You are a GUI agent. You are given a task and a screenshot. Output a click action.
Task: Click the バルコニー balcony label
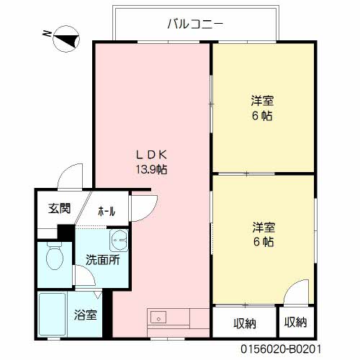[x=194, y=23]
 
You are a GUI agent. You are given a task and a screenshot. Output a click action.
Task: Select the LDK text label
[x=153, y=154]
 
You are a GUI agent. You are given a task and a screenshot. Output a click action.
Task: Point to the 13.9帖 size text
[x=153, y=170]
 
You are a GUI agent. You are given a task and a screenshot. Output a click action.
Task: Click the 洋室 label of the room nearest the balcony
[x=262, y=101]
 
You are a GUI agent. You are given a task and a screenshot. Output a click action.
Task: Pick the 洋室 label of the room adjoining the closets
[x=262, y=228]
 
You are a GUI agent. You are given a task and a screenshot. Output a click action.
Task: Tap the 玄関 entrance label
[x=59, y=210]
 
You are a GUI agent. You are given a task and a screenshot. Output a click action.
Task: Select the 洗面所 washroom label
[x=102, y=260]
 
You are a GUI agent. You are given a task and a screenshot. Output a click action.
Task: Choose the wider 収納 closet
[x=244, y=323]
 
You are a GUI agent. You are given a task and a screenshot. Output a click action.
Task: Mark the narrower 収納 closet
[x=296, y=323]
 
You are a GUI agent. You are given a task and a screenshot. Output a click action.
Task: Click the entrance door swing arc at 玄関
[x=71, y=176]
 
